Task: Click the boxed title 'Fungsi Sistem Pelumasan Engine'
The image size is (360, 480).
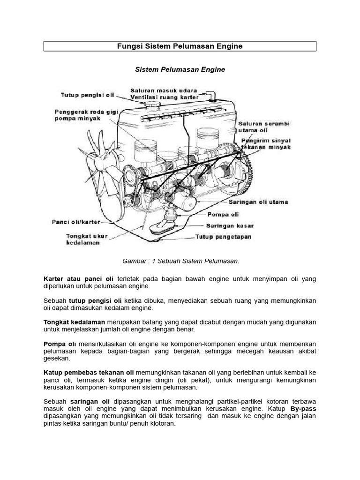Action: [180, 46]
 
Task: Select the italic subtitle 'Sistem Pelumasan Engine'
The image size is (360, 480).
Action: [180, 69]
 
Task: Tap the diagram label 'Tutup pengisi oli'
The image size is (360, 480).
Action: [88, 95]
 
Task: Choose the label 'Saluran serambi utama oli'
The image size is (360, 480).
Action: [263, 127]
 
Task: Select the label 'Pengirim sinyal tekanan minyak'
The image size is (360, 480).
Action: [266, 143]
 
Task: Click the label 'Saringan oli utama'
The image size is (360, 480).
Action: [258, 202]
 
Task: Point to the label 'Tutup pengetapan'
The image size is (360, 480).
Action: [223, 237]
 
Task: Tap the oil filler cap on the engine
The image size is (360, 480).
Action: [151, 103]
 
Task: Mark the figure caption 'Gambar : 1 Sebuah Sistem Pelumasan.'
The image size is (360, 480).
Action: [180, 261]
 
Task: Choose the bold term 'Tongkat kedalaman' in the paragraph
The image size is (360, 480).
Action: [74, 322]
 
